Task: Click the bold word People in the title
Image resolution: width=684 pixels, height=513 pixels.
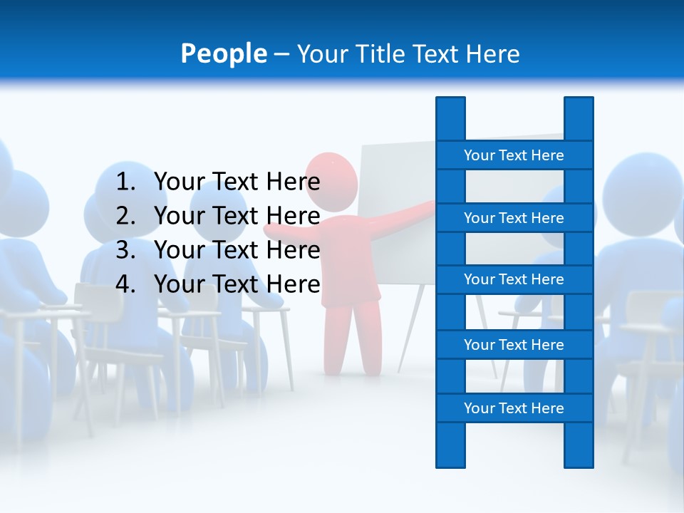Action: tap(224, 53)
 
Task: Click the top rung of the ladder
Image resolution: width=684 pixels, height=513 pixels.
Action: tap(514, 155)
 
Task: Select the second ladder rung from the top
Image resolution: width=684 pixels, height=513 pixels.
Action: tap(514, 218)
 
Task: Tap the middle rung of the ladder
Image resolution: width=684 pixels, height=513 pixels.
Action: tap(514, 279)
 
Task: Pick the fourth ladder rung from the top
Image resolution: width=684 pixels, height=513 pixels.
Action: tap(514, 345)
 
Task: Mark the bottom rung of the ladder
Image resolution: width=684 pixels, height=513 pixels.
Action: tap(514, 408)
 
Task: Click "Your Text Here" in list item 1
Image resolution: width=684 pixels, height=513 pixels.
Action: tap(237, 182)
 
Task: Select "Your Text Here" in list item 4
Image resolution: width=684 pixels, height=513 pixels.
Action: tap(237, 284)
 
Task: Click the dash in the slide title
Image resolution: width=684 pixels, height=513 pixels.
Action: tap(281, 54)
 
